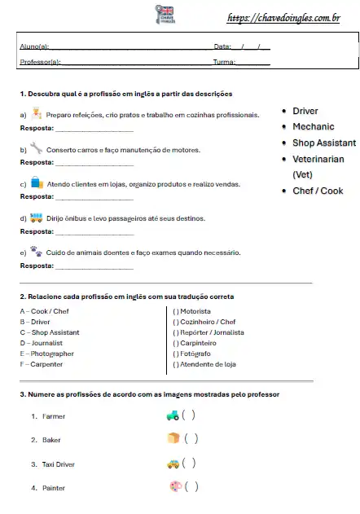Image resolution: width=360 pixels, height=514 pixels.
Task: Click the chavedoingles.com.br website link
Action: (x=283, y=16)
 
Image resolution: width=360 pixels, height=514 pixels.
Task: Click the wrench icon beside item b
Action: (x=36, y=148)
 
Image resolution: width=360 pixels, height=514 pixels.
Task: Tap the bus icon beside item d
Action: (x=36, y=217)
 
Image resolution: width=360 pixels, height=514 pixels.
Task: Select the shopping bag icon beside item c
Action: (x=36, y=182)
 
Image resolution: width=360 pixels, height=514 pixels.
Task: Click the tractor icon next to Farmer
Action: (x=173, y=415)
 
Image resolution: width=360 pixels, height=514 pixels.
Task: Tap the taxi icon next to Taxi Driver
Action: (x=173, y=463)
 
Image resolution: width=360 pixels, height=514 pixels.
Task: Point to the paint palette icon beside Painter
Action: (x=173, y=487)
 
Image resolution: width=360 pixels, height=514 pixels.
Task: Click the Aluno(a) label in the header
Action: (x=33, y=47)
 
